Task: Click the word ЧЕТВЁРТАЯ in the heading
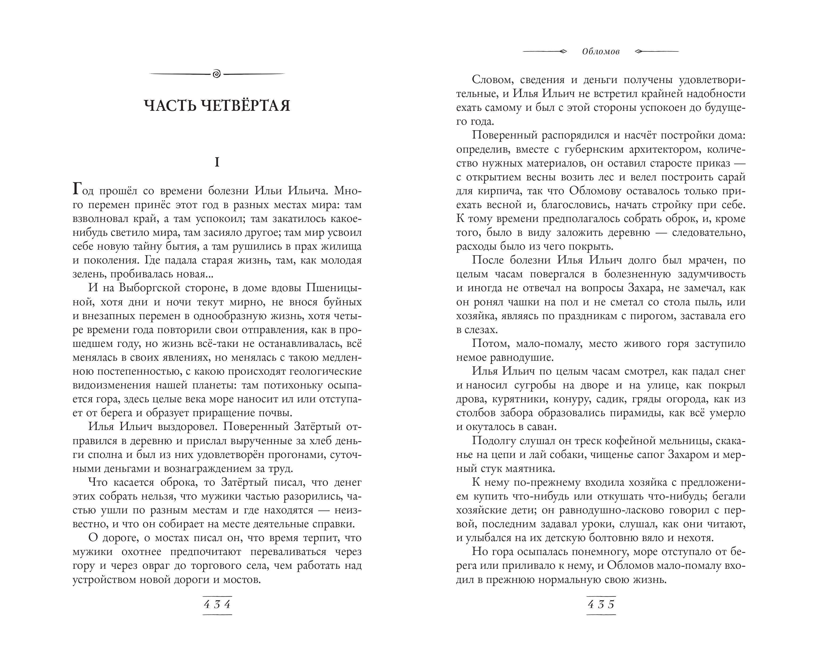point(245,106)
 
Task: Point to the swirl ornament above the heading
point(217,74)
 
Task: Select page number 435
point(601,605)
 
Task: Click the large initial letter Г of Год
point(77,189)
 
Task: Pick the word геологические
point(325,371)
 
